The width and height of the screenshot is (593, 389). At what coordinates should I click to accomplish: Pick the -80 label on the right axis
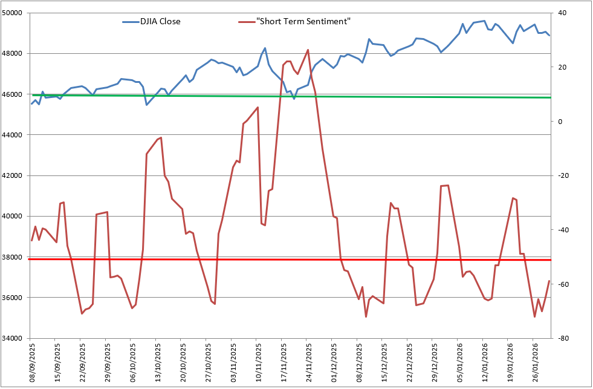coord(563,338)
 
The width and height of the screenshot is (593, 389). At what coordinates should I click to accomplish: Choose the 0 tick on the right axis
coord(561,121)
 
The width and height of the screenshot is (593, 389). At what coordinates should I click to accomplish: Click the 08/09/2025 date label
coord(33,362)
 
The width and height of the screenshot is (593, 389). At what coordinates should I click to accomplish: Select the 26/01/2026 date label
coord(535,362)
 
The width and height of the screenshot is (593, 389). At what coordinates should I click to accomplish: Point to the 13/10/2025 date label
coord(158,362)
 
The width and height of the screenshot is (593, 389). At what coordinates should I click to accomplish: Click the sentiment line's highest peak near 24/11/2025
coord(308,50)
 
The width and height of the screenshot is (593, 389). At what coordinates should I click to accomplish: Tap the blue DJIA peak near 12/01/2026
coord(485,21)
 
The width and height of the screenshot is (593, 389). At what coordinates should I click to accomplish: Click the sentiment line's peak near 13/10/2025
coord(161,137)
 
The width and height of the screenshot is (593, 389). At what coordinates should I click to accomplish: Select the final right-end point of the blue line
coord(549,36)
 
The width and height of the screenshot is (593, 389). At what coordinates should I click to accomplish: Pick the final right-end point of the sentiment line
coord(549,281)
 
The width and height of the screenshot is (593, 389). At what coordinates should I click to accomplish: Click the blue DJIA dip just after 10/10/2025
coord(147,105)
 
